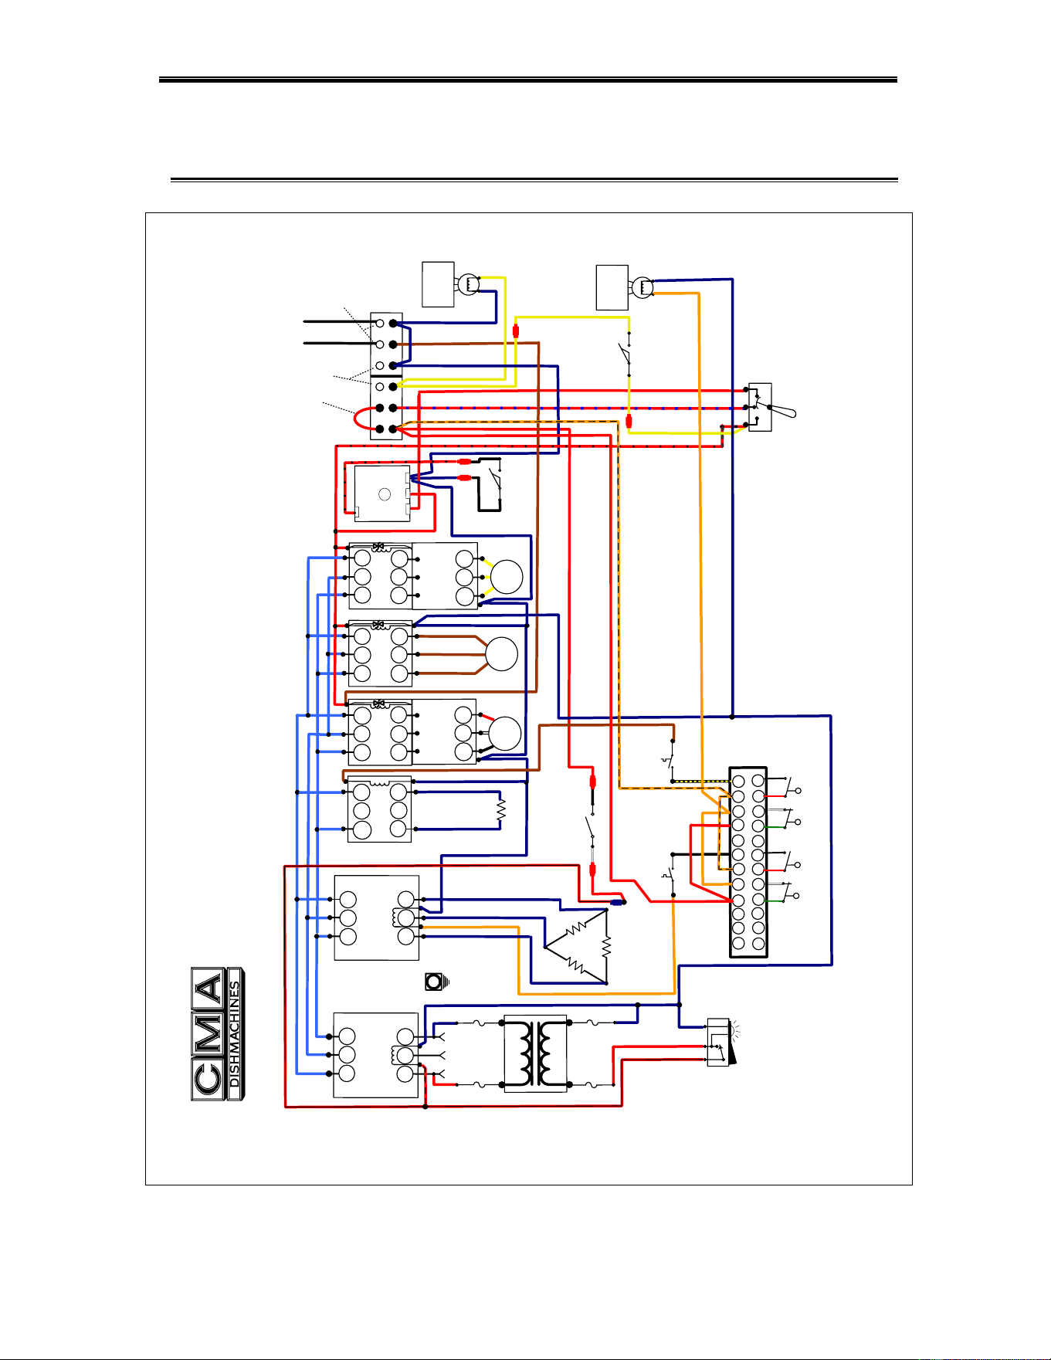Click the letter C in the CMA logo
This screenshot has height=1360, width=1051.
tap(209, 1080)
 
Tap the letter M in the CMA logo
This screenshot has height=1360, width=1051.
tap(209, 1034)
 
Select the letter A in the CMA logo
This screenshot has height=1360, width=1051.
tap(209, 988)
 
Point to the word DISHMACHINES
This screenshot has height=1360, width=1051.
tap(236, 1034)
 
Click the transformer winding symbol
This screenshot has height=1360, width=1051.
tap(535, 1053)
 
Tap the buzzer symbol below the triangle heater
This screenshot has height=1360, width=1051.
tap(436, 982)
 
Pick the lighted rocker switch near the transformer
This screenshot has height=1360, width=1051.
tap(719, 1042)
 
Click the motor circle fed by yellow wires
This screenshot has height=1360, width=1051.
tap(507, 577)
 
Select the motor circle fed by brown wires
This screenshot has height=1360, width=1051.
tap(501, 654)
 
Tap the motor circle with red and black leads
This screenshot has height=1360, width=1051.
tap(505, 733)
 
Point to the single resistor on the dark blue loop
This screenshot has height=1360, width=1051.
tap(500, 810)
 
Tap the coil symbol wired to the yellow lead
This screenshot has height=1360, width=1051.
tap(468, 284)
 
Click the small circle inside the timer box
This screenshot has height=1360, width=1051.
tap(385, 494)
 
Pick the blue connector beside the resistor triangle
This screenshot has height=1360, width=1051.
tap(618, 902)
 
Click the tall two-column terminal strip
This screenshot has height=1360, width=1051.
tap(748, 862)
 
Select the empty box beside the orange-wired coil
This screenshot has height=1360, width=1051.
tap(612, 287)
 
